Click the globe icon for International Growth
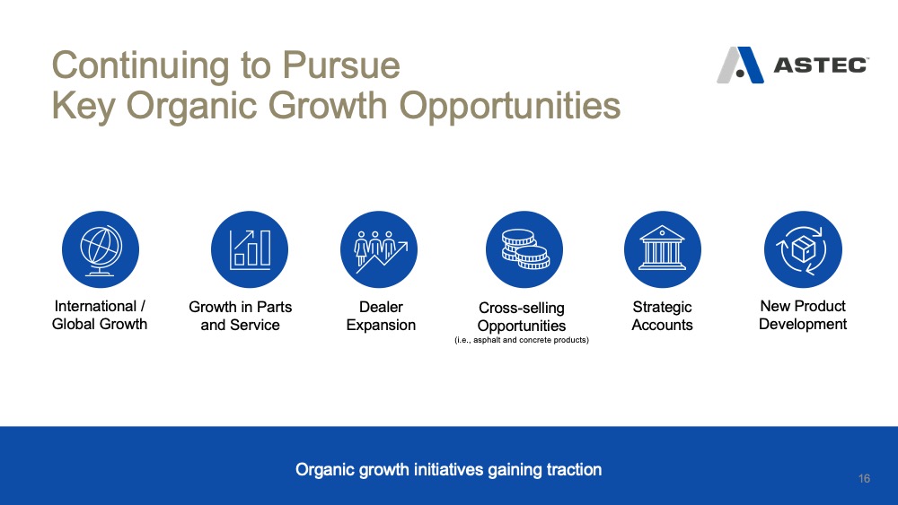(101, 249)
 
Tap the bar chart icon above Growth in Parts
(249, 249)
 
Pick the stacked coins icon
(524, 249)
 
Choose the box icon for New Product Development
(803, 249)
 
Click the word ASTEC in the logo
(821, 65)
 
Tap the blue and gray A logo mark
(740, 65)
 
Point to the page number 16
(864, 478)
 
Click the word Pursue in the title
(340, 65)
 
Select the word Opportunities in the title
(510, 106)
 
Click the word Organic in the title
(191, 106)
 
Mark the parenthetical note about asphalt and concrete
(522, 340)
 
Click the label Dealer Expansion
(381, 316)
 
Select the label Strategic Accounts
(662, 316)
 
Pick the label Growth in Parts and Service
(240, 316)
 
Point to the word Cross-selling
(522, 308)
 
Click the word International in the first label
(96, 306)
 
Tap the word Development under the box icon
(803, 325)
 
